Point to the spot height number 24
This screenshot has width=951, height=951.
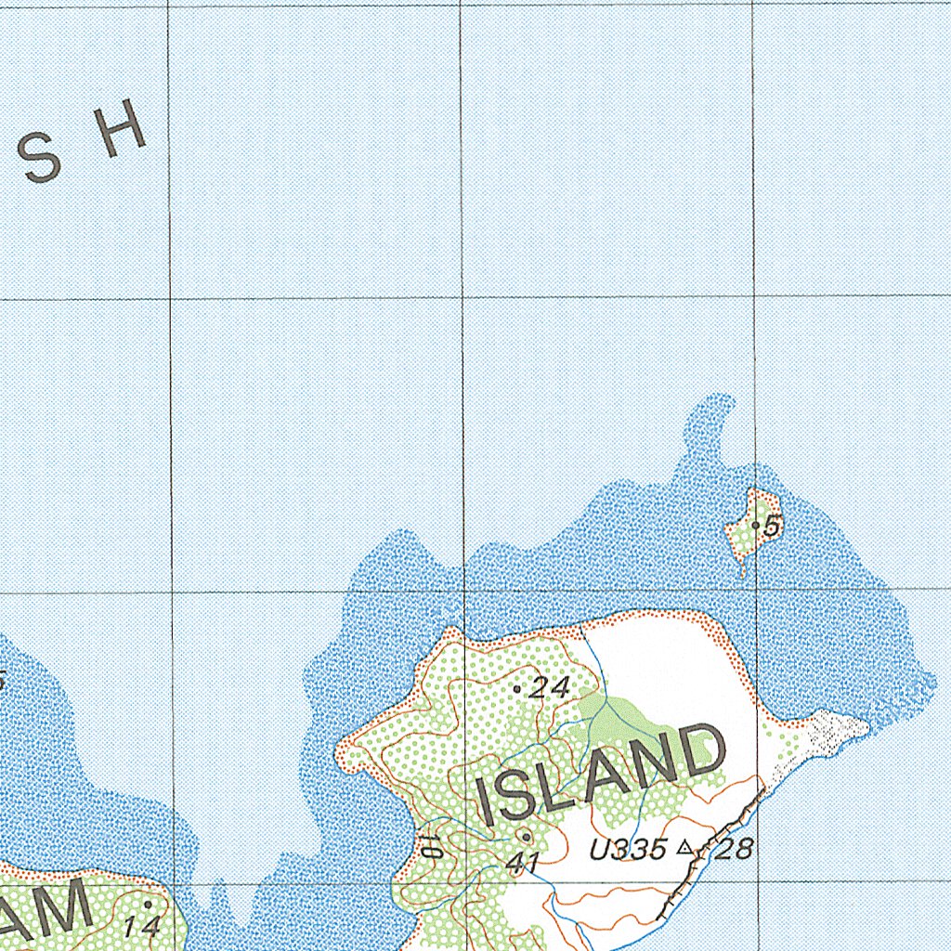pos(549,687)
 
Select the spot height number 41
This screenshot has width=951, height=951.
pos(524,863)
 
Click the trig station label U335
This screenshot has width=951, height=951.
pos(629,848)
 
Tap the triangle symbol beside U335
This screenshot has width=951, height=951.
pos(685,846)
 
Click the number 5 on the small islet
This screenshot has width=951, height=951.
pos(773,527)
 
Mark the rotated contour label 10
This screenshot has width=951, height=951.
pos(427,845)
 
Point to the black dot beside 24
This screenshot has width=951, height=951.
pos(517,689)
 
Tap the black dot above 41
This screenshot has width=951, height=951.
pos(527,835)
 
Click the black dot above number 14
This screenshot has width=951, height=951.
pos(147,903)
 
